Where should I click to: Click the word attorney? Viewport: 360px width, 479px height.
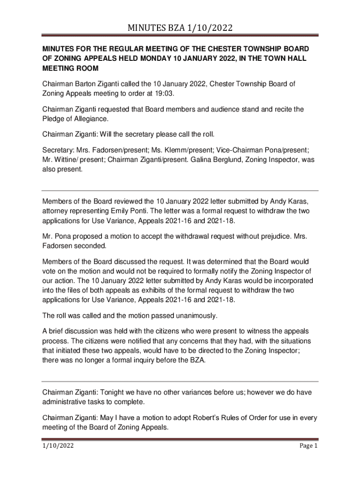(x=57, y=211)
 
